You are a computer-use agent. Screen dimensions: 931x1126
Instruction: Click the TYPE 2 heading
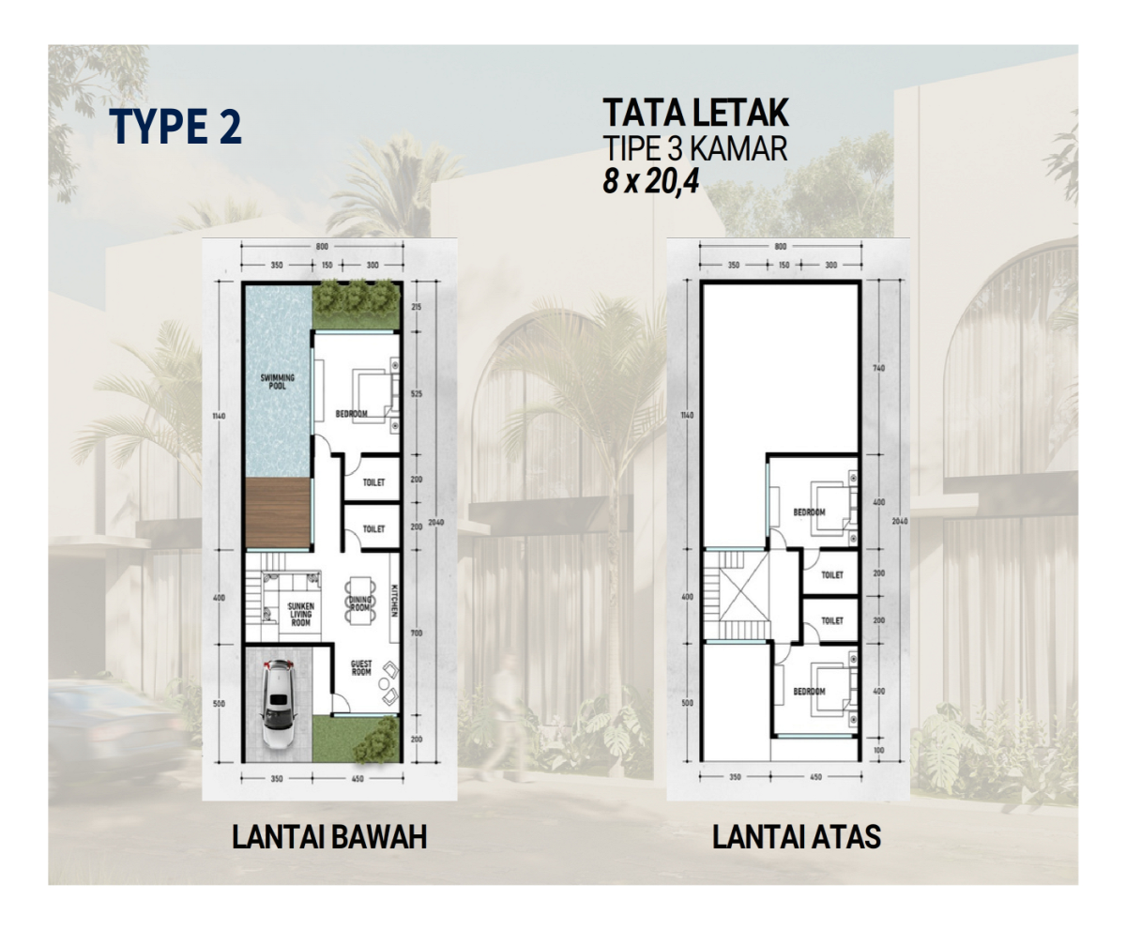175,127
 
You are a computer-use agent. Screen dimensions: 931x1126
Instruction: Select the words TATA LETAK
695,114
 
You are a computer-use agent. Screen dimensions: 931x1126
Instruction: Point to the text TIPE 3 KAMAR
695,148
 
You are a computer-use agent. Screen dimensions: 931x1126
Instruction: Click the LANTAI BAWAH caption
329,836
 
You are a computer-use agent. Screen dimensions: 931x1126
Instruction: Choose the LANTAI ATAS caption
797,836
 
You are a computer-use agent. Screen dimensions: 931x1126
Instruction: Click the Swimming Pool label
277,382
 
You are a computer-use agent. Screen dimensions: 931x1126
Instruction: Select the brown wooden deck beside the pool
278,512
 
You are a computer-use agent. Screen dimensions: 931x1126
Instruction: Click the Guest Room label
361,668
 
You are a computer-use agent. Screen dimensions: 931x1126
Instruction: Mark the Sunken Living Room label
300,615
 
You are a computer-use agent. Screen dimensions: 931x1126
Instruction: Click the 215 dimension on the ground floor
417,308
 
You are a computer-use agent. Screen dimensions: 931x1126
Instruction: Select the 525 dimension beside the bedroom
417,394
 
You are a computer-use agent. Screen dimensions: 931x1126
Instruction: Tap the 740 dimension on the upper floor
878,369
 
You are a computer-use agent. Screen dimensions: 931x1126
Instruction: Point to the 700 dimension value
417,633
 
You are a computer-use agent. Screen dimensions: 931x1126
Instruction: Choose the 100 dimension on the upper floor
878,750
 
